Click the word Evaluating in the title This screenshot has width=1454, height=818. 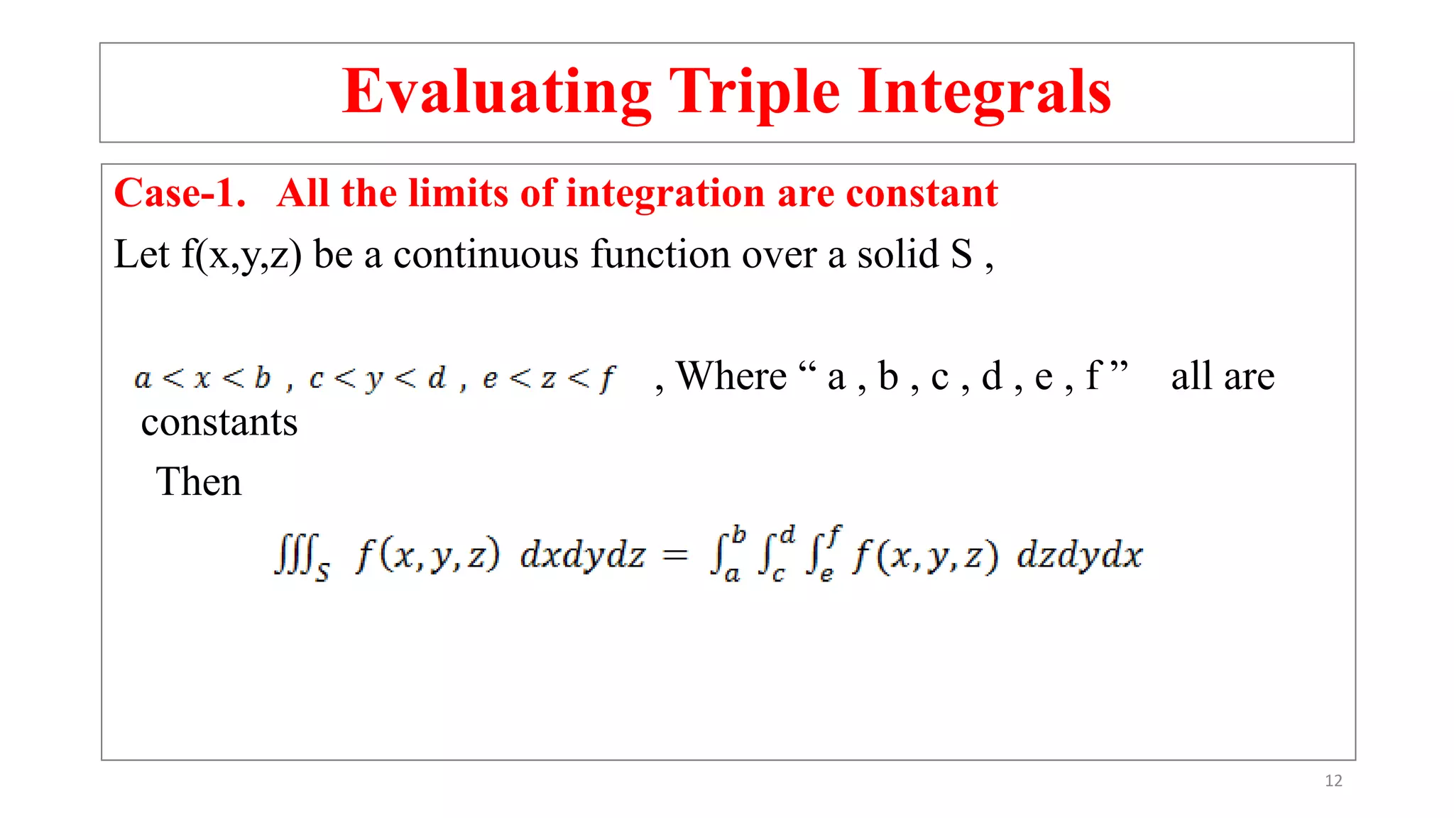496,92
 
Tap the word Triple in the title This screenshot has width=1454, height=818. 755,92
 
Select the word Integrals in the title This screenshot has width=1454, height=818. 985,92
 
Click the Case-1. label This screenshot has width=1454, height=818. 180,193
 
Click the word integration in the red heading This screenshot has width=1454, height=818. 665,193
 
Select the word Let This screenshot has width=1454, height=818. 141,254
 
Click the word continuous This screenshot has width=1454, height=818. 486,254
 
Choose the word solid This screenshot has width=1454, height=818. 898,254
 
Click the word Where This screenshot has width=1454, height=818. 731,376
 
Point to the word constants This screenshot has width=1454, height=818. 219,423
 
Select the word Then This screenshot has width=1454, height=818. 199,482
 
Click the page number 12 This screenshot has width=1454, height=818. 1333,781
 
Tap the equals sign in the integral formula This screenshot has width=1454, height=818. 675,555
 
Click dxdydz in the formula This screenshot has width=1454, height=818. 583,555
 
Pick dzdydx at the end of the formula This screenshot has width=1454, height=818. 1080,555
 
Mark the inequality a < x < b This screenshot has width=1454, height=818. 202,378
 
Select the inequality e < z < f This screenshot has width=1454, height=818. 549,378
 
